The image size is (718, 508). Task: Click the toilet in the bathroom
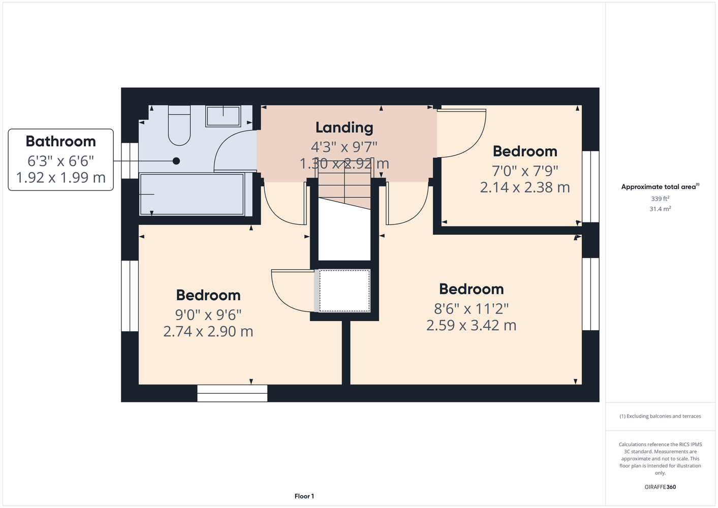179,125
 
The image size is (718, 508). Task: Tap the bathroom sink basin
223,116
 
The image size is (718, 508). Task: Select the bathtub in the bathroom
192,194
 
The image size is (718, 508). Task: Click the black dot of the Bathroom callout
176,161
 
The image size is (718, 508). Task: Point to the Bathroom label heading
61,141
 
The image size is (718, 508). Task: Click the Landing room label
344,128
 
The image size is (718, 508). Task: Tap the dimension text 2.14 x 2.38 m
525,187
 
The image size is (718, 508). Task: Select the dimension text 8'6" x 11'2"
471,309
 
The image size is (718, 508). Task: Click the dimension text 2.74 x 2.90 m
208,331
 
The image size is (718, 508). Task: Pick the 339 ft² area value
660,199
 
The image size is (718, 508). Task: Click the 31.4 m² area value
660,209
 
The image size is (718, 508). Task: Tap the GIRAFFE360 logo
660,487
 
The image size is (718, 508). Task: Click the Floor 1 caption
304,496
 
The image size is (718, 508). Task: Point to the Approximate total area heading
660,186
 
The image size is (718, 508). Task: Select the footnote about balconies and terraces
660,416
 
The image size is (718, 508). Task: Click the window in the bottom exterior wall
232,393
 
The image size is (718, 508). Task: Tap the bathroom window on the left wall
130,161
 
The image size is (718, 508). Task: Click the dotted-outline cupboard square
344,291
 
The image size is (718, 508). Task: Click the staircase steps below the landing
344,189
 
